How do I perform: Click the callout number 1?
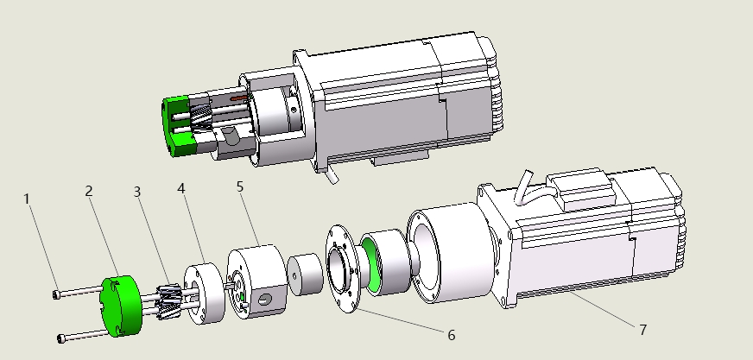(x=27, y=199)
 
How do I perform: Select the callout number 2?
(x=89, y=191)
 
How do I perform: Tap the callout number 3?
(x=137, y=192)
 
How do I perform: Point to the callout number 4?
(x=181, y=189)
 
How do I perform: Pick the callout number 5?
(x=240, y=186)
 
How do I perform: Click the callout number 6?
(x=452, y=336)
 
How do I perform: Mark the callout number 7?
(x=643, y=330)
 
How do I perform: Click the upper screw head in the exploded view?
(x=57, y=294)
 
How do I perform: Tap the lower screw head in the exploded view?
(x=61, y=339)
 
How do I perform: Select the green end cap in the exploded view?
(x=121, y=306)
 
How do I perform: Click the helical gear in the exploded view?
(x=169, y=300)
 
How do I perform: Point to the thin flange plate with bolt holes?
(x=343, y=268)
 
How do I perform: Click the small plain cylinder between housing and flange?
(x=306, y=274)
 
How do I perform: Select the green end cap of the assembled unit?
(x=178, y=126)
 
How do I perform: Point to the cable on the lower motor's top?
(x=522, y=187)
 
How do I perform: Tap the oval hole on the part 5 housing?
(x=264, y=300)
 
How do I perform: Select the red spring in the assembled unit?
(x=239, y=98)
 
